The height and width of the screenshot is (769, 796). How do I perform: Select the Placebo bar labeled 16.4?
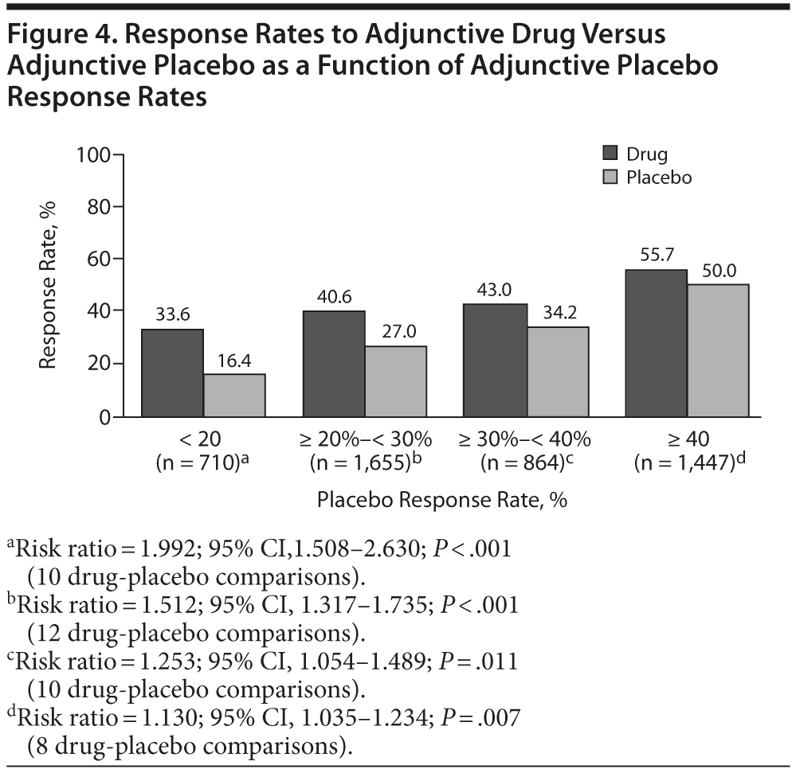235,395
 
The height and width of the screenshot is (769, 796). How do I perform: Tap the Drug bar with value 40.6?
333,363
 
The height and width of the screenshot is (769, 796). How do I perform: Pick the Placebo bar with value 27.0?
397,381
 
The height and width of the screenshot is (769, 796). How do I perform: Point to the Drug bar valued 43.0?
495,360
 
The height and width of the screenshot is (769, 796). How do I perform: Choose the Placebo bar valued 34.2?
559,372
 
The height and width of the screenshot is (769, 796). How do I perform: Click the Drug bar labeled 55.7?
657,343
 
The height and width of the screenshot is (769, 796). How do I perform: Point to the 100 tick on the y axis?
92,154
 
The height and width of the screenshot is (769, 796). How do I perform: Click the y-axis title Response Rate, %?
49,286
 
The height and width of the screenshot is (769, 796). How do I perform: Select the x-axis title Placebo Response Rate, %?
442,501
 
